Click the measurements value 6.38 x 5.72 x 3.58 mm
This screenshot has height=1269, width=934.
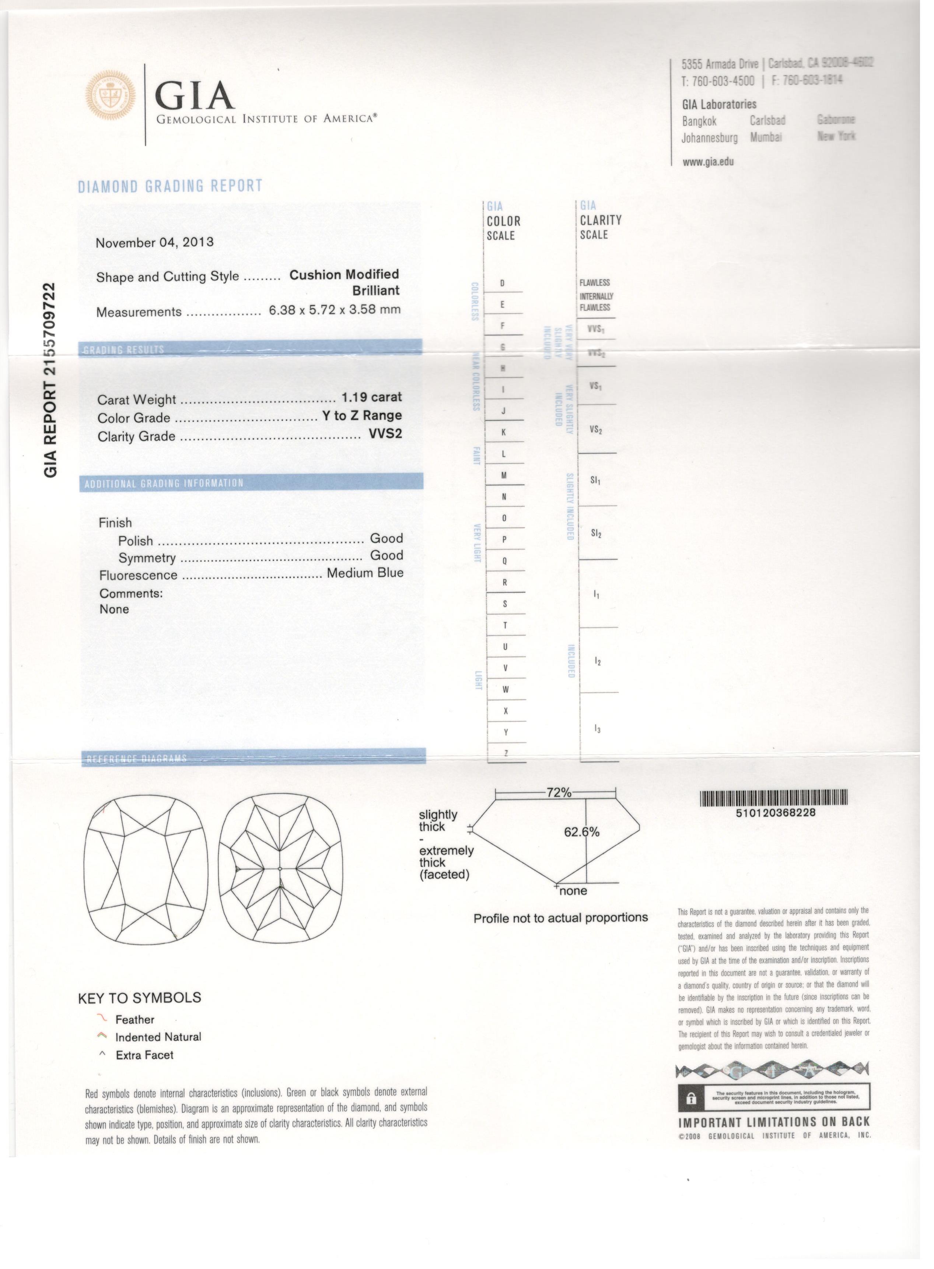[335, 310]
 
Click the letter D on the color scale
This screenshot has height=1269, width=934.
[503, 283]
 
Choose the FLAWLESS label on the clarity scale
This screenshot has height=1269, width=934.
[594, 283]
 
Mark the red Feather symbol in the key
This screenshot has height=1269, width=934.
[102, 1017]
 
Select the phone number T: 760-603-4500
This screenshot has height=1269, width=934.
[718, 81]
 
